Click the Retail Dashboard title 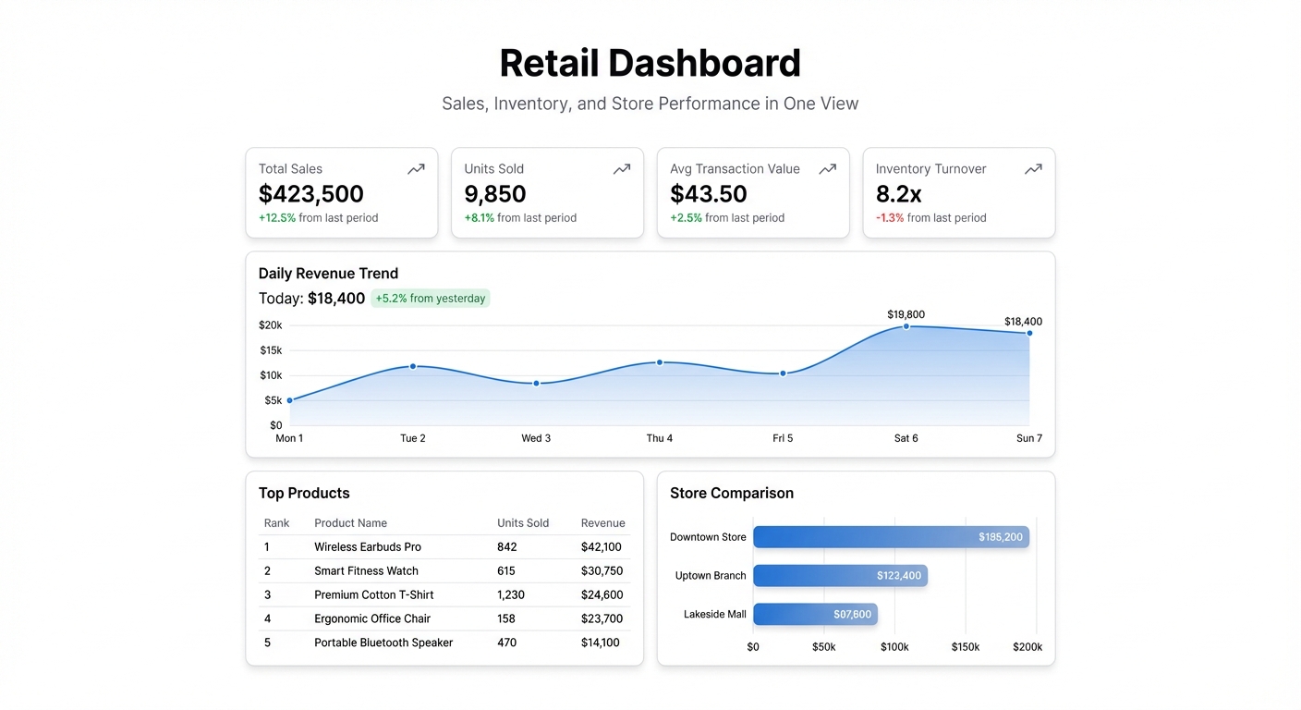(x=650, y=64)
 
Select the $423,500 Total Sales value (x=310, y=194)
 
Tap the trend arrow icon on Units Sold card (x=622, y=169)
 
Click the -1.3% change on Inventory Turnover (x=890, y=218)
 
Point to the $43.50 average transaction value (x=709, y=194)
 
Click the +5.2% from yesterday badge (x=430, y=299)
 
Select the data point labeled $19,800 (x=906, y=326)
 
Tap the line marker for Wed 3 (x=536, y=383)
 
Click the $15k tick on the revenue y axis (x=271, y=350)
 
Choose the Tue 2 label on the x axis (x=413, y=438)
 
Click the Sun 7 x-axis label (x=1029, y=438)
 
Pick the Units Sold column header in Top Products (x=523, y=523)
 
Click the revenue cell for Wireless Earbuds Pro (x=601, y=547)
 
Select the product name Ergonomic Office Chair (x=372, y=618)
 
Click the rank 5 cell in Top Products (x=268, y=643)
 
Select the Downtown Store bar (x=890, y=537)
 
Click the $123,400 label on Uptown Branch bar (x=898, y=576)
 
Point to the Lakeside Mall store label (x=714, y=614)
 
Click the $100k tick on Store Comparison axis (x=894, y=647)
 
